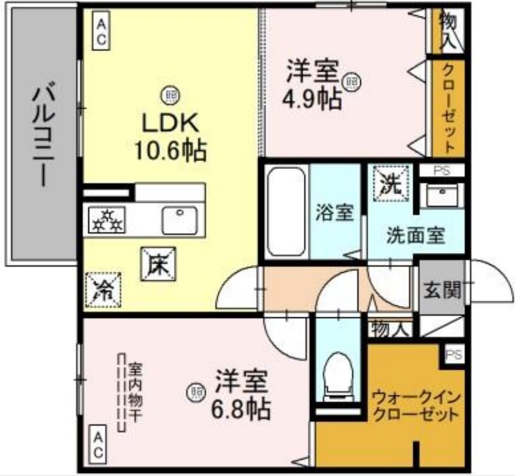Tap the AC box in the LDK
[x=100, y=31]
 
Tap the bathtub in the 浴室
[x=286, y=211]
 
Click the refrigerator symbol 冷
[x=102, y=290]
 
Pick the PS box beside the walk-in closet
[x=454, y=355]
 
